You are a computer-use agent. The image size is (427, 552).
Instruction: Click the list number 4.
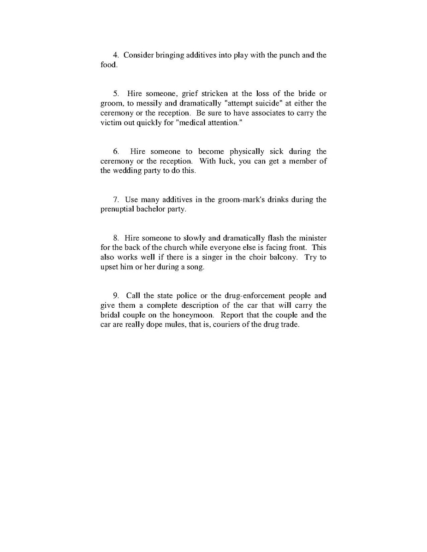tap(115, 55)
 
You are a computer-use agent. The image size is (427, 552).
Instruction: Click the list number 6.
tap(116, 152)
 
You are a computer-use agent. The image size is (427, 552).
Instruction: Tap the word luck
tap(225, 161)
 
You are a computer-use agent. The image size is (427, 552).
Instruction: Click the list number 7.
tap(115, 200)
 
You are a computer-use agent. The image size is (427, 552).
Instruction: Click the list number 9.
tap(116, 296)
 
